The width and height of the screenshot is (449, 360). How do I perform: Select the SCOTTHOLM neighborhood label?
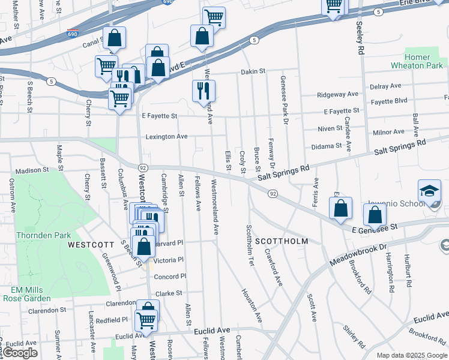coord(282,241)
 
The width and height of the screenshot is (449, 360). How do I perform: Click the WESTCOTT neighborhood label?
coord(91,245)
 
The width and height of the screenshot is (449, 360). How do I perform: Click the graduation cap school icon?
coord(429,192)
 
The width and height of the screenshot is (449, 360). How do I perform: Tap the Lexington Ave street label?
coord(167,137)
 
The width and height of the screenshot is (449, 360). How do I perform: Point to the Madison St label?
coord(32,170)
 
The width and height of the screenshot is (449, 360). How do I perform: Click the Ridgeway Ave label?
coord(337,94)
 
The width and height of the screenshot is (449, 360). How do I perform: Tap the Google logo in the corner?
coord(20,353)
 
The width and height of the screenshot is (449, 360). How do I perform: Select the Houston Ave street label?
coord(252,305)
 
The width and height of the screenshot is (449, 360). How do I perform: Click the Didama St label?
coord(326,146)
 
